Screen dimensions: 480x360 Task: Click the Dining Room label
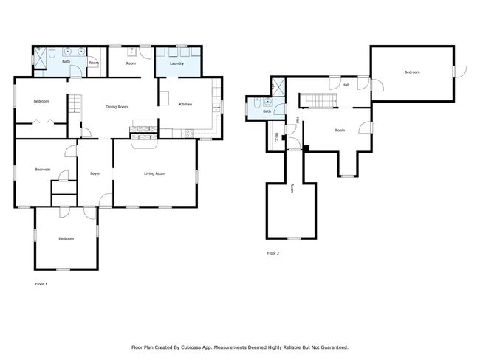[117, 107]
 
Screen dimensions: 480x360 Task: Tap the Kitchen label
[185, 104]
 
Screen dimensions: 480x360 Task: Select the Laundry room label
[177, 63]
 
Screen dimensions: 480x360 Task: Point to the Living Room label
[154, 174]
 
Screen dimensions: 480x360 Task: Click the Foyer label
[95, 174]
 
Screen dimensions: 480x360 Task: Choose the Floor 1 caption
[41, 284]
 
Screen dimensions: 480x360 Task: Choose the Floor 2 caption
[273, 253]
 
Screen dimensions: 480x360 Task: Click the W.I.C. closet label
[277, 136]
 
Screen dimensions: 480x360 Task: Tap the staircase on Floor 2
[318, 100]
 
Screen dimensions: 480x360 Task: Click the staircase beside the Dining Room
[75, 103]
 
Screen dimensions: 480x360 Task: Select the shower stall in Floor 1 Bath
[40, 58]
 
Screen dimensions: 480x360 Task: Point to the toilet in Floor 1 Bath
[52, 53]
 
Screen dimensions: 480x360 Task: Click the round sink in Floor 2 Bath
[268, 102]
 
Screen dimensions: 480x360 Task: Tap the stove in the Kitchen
[188, 133]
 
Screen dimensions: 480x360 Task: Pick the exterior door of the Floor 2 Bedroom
[459, 72]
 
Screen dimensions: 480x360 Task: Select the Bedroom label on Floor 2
[412, 72]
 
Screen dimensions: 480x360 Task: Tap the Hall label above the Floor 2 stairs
[346, 85]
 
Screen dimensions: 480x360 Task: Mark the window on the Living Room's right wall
[196, 177]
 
